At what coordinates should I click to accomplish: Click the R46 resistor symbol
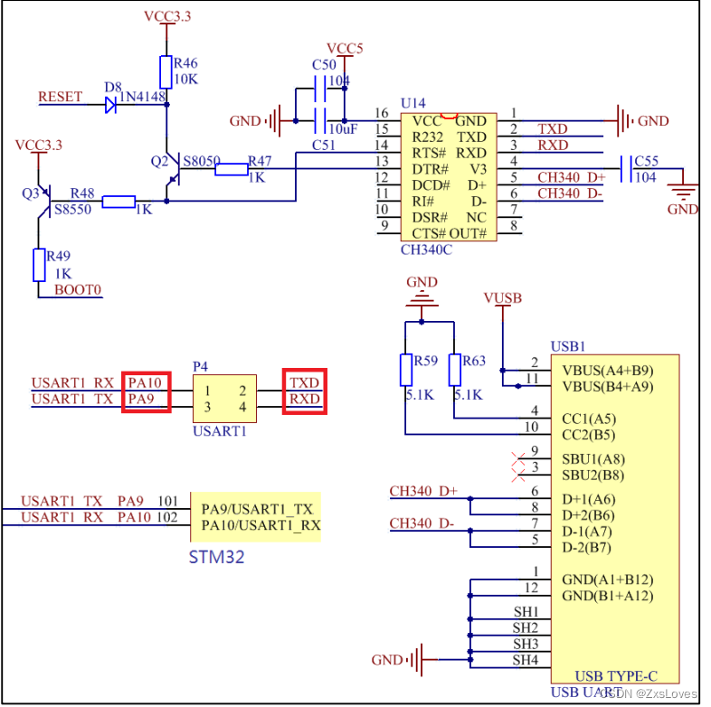click(166, 71)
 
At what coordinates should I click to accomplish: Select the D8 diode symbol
click(110, 104)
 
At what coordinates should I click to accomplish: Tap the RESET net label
click(61, 97)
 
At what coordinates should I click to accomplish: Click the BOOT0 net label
click(78, 290)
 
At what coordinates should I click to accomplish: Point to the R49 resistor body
click(38, 265)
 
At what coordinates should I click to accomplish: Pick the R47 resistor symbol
click(231, 168)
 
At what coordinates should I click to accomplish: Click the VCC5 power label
click(345, 49)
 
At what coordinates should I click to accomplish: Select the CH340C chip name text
click(425, 250)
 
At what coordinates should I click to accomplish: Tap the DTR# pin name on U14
click(431, 169)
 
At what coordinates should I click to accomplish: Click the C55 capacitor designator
click(647, 161)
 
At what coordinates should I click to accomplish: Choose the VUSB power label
click(503, 298)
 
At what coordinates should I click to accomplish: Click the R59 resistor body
click(405, 371)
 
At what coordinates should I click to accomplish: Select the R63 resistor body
click(454, 371)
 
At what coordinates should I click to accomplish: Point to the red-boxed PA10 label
click(146, 382)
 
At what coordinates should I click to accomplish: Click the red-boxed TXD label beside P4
click(304, 382)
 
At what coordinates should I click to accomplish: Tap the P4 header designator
click(201, 366)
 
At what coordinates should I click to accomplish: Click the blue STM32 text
click(216, 556)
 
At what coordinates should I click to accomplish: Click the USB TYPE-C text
click(615, 675)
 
